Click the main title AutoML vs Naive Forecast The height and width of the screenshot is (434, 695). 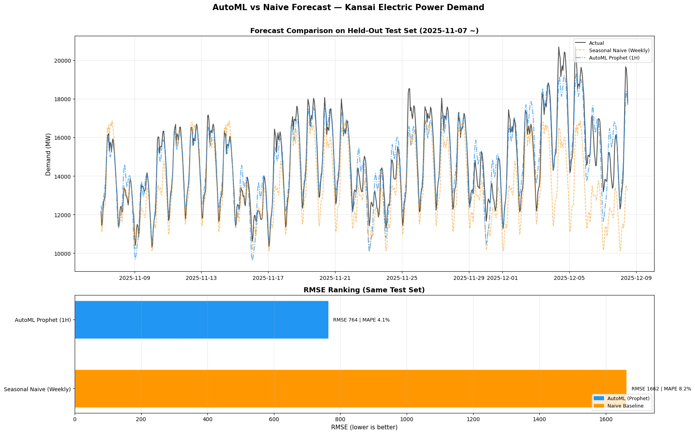[x=348, y=7]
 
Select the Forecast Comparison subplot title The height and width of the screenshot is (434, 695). [x=364, y=31]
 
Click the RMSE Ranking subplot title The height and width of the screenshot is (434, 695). [x=364, y=290]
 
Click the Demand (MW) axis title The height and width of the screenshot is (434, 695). [x=48, y=153]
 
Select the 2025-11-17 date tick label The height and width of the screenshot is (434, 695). [x=268, y=278]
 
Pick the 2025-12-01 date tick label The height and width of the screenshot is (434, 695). [x=502, y=278]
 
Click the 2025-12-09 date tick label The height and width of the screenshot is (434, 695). [x=636, y=278]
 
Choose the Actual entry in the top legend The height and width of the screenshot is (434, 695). [x=596, y=43]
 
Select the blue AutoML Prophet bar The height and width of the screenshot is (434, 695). [x=201, y=320]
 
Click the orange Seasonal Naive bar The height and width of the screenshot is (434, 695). [x=350, y=388]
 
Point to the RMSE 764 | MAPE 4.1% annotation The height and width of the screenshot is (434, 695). [x=361, y=320]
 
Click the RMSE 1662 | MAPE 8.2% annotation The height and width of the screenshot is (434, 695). [x=661, y=389]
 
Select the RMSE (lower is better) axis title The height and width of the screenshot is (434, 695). [x=364, y=427]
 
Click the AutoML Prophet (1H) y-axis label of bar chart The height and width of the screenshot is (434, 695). [x=43, y=320]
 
